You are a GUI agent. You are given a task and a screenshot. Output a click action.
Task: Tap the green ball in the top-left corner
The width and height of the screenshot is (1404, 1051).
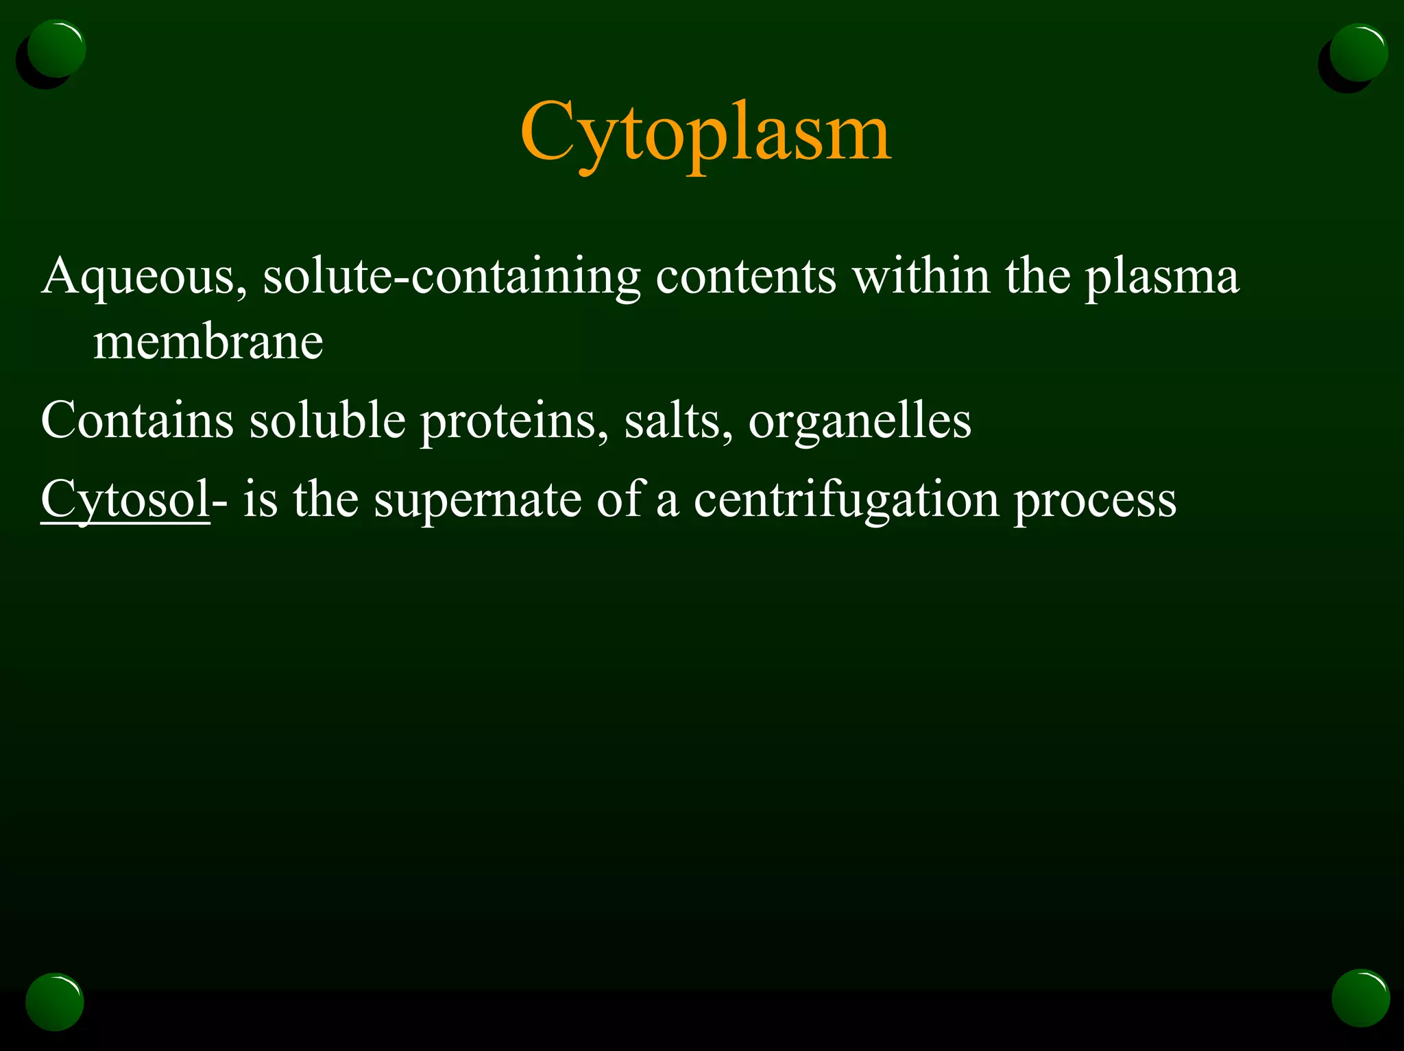(57, 49)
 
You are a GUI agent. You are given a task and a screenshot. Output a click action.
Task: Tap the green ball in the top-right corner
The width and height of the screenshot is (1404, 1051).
(1358, 53)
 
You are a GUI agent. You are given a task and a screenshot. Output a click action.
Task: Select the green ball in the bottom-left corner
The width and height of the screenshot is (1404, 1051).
(55, 1001)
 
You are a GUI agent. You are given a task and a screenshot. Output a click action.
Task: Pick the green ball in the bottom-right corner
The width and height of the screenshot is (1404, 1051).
(1360, 998)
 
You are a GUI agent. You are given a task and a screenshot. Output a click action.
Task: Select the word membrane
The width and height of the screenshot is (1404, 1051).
(208, 343)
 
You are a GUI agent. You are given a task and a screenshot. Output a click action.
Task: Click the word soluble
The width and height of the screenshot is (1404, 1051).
(327, 420)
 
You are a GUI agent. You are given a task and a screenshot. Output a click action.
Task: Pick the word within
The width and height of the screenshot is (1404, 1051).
(921, 276)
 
